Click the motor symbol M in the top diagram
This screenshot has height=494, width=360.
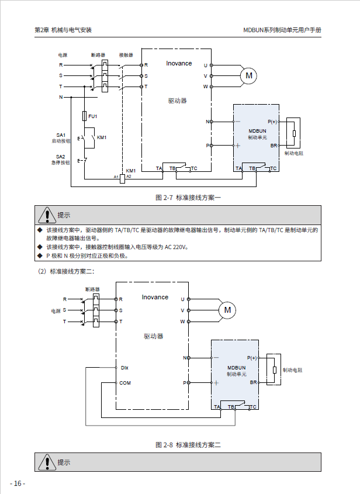pos(249,75)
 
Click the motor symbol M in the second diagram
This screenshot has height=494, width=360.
pos(227,310)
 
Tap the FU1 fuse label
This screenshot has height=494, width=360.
pos(93,116)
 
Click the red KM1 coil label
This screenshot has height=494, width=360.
pos(131,171)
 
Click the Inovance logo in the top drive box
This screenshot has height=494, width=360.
pos(179,63)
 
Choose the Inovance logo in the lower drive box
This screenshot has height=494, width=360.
pos(155,297)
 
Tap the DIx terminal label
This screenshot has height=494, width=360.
pos(124,368)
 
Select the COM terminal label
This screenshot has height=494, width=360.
pos(125,383)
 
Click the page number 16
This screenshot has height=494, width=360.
pos(17,483)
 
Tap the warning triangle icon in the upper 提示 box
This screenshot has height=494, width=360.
pos(46,215)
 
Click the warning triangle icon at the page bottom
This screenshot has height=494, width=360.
pos(46,462)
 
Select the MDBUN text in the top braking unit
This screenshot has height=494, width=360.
pos(257,131)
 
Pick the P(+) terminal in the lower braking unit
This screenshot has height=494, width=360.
pos(252,357)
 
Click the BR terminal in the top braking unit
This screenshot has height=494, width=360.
pos(274,145)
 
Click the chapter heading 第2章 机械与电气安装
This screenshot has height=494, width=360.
pos(63,30)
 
